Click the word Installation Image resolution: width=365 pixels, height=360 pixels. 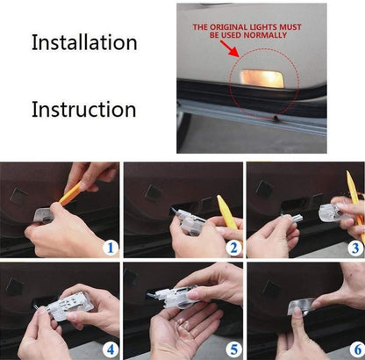(x=84, y=42)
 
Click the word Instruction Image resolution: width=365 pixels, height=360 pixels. (x=84, y=110)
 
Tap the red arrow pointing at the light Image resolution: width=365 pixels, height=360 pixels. (x=229, y=48)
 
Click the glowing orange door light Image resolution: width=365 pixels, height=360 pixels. (x=262, y=78)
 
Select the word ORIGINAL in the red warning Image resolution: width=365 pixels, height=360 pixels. (x=228, y=27)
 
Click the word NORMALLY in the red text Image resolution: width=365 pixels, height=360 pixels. (x=265, y=35)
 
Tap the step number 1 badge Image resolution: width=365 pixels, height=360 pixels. (x=111, y=248)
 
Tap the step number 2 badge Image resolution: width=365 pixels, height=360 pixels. (x=233, y=248)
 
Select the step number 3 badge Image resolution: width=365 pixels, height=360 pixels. (x=355, y=248)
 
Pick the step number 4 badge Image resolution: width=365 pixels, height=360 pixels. (x=111, y=349)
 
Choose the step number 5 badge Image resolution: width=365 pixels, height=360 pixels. (x=233, y=349)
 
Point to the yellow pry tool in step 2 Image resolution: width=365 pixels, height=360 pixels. (x=225, y=212)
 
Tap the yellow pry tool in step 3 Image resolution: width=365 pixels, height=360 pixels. (x=355, y=205)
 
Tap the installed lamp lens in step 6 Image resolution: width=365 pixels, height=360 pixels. (x=301, y=306)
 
